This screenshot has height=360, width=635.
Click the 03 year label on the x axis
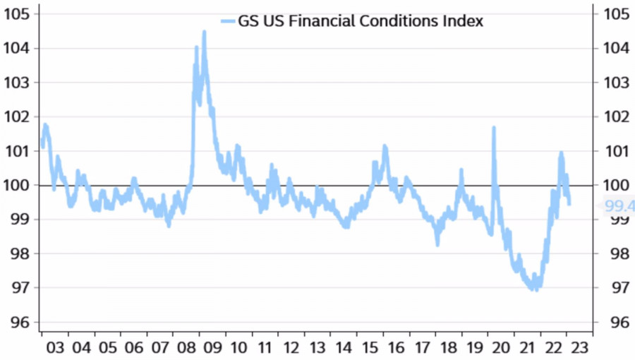[x=55, y=348]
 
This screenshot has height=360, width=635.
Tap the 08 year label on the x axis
[x=188, y=348]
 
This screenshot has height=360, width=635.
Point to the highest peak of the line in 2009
[x=204, y=32]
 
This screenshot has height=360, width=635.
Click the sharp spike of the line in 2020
[x=494, y=128]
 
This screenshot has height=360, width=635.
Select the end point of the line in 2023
[x=569, y=204]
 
